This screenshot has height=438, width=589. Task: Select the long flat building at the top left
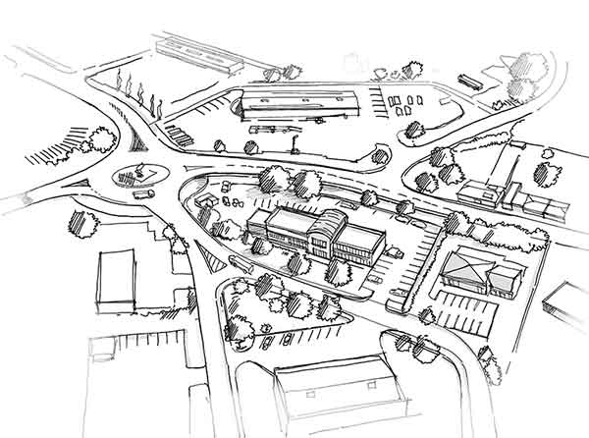click(x=199, y=54)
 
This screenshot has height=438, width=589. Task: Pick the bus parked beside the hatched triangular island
click(x=241, y=262)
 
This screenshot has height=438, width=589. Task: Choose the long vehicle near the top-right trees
click(x=468, y=82)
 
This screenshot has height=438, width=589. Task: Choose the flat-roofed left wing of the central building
click(x=276, y=228)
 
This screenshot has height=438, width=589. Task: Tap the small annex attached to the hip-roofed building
click(x=504, y=279)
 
